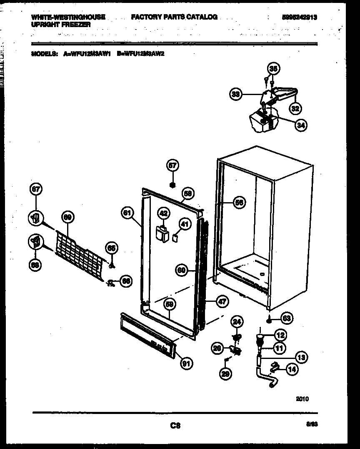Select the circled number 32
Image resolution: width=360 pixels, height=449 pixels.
[295, 108]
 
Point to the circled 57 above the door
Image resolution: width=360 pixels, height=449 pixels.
[172, 166]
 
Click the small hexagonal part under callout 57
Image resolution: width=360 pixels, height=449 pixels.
[172, 184]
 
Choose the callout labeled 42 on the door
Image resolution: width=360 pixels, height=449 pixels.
[164, 213]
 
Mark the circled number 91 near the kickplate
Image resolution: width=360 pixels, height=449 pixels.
[187, 363]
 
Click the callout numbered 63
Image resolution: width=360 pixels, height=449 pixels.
[287, 319]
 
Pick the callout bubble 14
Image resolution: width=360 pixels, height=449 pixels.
[293, 369]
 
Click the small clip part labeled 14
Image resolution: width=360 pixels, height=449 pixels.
[274, 367]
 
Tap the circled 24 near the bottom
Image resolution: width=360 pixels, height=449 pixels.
[237, 321]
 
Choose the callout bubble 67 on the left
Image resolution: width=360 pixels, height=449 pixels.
[36, 190]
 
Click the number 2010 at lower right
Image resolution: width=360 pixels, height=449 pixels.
[302, 399]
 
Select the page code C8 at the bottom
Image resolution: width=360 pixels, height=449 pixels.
[175, 425]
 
